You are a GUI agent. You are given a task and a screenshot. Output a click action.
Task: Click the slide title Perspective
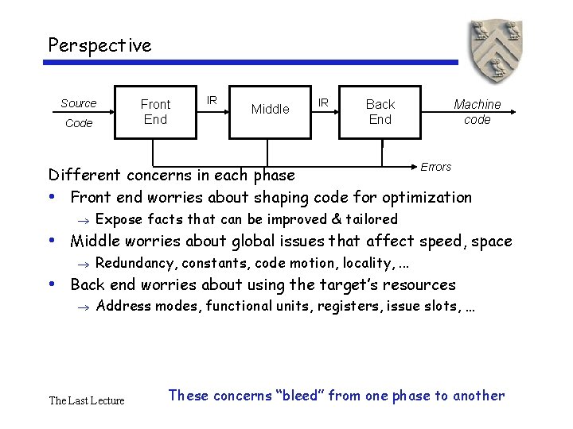[x=99, y=45]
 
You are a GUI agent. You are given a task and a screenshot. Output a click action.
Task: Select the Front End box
[x=155, y=111]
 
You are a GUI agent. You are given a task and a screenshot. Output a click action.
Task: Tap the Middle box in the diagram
[x=270, y=110]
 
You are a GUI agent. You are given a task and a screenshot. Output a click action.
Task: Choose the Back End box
[x=380, y=111]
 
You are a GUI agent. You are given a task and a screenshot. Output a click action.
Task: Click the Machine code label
[x=477, y=111]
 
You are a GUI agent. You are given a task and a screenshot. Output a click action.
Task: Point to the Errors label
[x=435, y=167]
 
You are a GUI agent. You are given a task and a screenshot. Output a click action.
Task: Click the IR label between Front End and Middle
[x=212, y=100]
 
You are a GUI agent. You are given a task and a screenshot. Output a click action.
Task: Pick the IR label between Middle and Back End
[x=324, y=102]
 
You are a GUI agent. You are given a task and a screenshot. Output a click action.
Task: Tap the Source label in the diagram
[x=78, y=103]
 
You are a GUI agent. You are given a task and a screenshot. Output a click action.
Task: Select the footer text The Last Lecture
[x=87, y=400]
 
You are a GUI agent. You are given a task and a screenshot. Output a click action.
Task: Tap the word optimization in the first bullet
[x=430, y=197]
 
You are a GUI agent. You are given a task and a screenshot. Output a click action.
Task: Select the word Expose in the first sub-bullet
[x=116, y=219]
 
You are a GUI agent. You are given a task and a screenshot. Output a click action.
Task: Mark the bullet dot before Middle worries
[x=52, y=240]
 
